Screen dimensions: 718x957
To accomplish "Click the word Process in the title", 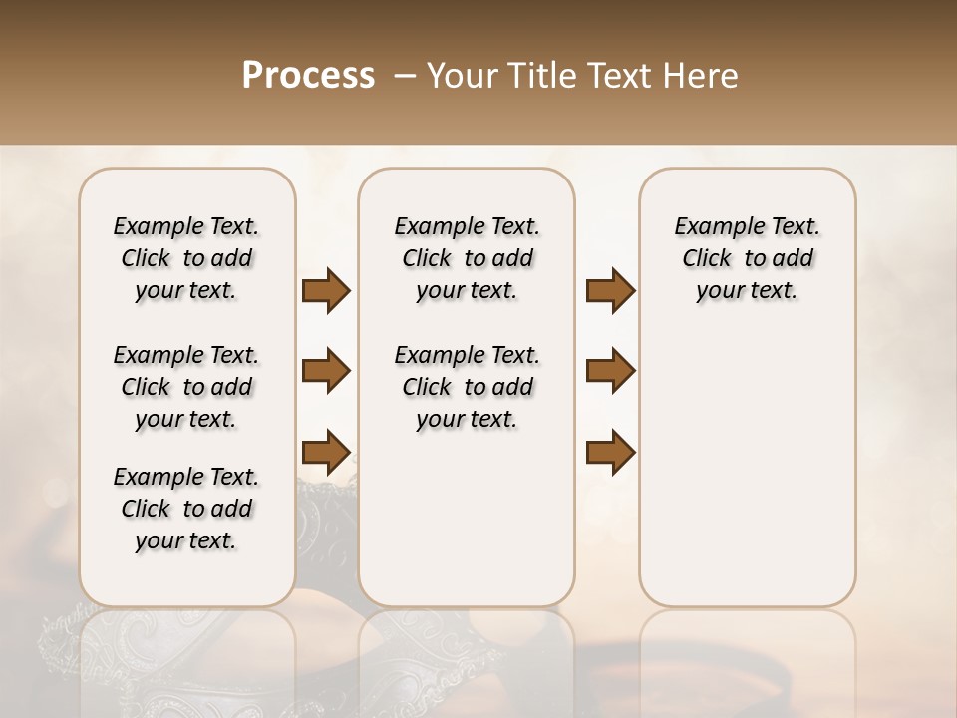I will (x=308, y=76).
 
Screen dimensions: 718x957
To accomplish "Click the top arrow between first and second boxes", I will (x=326, y=291).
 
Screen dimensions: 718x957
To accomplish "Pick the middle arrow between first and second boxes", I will (x=326, y=371).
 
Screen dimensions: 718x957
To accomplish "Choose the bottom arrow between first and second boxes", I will (x=326, y=451).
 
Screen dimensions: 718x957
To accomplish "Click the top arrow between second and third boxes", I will (x=610, y=291).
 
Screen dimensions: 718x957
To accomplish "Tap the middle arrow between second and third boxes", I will (x=610, y=371).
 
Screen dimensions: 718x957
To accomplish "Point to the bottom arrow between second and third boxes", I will (x=610, y=451).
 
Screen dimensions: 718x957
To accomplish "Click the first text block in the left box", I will (x=186, y=258).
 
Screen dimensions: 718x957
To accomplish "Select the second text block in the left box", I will (x=186, y=387).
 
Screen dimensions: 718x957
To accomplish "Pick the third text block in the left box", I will (x=186, y=509).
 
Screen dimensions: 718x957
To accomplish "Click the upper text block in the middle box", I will (x=467, y=258).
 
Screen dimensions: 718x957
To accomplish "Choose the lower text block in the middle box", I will (x=467, y=387).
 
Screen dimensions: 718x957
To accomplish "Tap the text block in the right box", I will (x=747, y=258).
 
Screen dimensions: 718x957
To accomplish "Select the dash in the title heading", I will (x=405, y=76).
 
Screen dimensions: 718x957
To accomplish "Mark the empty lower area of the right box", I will (x=747, y=479).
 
